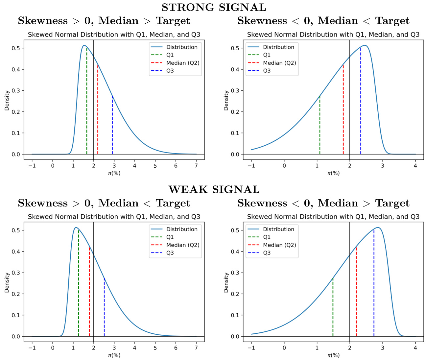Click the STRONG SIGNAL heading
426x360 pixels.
pos(214,7)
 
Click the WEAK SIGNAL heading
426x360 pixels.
pos(214,190)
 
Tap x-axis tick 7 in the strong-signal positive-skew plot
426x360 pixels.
pos(196,165)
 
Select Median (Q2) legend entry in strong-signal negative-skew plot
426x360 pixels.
pos(279,63)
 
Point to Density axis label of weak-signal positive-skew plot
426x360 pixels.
pos(7,282)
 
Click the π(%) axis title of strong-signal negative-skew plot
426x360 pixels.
pos(333,173)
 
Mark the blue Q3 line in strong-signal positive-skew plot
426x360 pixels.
pos(112,125)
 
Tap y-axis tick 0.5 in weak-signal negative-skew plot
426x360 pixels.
pos(235,230)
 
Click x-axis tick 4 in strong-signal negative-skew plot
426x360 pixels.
pos(415,165)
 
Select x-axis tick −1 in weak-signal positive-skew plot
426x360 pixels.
pos(32,348)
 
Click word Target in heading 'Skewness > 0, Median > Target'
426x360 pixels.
pos(173,21)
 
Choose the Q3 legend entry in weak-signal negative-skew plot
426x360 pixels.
pos(267,253)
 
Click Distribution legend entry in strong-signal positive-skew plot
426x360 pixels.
pos(182,47)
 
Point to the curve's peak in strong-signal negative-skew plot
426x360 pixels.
pos(365,45)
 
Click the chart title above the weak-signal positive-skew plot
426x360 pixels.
pos(114,217)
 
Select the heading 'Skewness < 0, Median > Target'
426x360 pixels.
pos(323,203)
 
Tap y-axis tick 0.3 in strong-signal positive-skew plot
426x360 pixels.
pos(15,90)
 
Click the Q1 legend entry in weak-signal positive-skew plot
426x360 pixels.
pos(170,237)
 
